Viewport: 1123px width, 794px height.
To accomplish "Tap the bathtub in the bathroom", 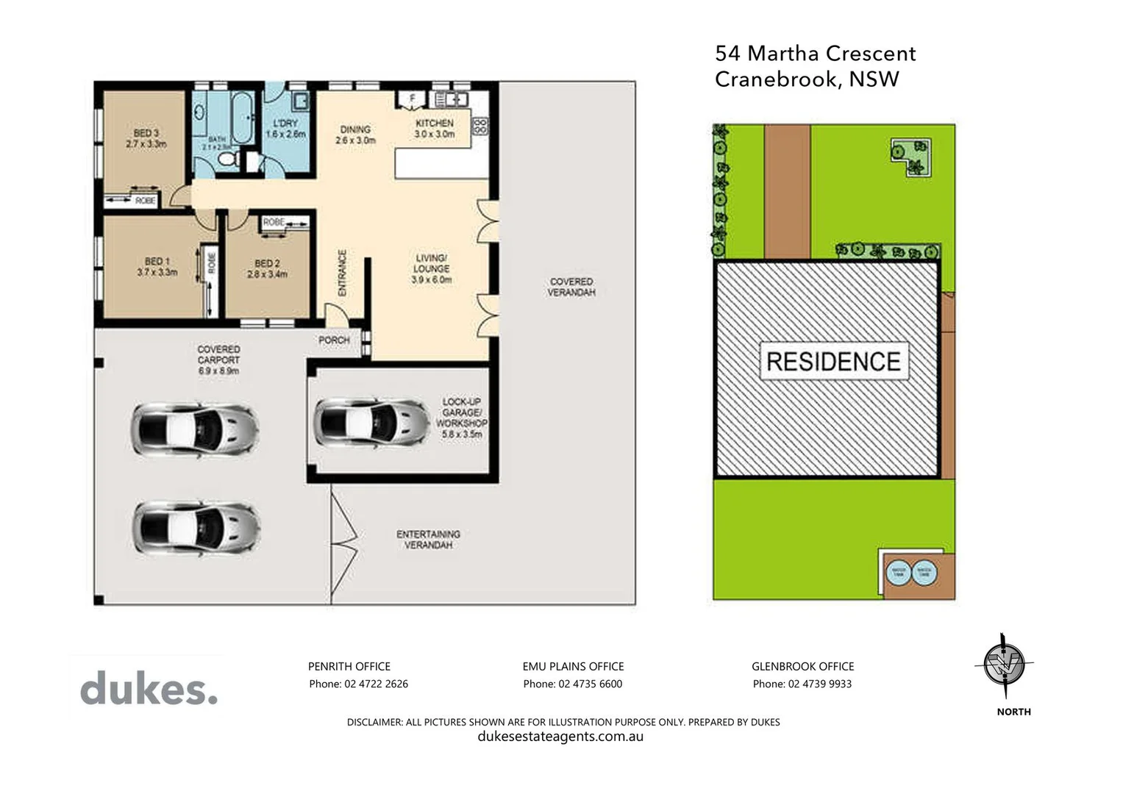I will pos(243,114).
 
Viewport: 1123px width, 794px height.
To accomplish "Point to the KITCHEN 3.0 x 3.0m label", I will pos(434,129).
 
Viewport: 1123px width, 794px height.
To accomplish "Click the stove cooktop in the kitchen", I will pos(479,126).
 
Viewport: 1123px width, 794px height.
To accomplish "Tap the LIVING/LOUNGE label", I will pos(431,268).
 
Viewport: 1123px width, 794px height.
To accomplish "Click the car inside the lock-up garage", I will pos(371,422).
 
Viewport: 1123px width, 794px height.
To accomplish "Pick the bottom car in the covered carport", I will pos(195,527).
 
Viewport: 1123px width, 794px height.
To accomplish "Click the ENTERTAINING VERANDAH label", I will pos(428,540).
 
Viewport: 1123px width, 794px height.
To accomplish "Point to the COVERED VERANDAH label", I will pos(571,287).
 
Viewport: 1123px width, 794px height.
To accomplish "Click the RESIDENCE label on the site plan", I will pos(833,361).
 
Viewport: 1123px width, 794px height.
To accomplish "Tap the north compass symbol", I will pos(1004,665).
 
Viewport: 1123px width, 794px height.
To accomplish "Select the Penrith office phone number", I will pos(358,684).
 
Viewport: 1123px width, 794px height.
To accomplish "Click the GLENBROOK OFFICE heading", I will pos(802,666).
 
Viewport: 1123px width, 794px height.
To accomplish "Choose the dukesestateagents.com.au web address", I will pos(560,737).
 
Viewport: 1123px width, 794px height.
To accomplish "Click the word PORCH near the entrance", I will pos(334,340).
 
